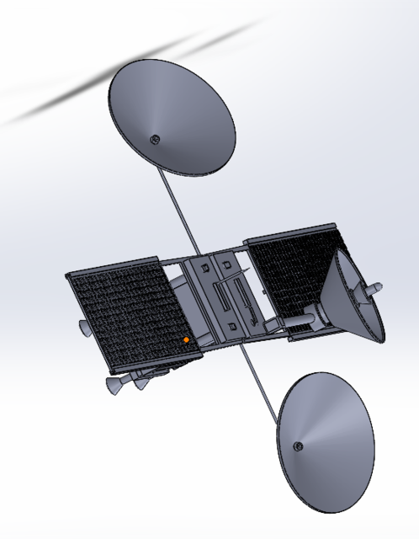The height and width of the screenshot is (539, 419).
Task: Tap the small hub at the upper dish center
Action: tap(154, 139)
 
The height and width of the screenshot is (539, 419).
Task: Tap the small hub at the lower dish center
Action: tap(296, 446)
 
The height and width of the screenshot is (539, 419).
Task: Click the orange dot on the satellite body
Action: tap(186, 340)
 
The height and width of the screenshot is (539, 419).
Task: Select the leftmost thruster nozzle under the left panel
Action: tap(112, 386)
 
